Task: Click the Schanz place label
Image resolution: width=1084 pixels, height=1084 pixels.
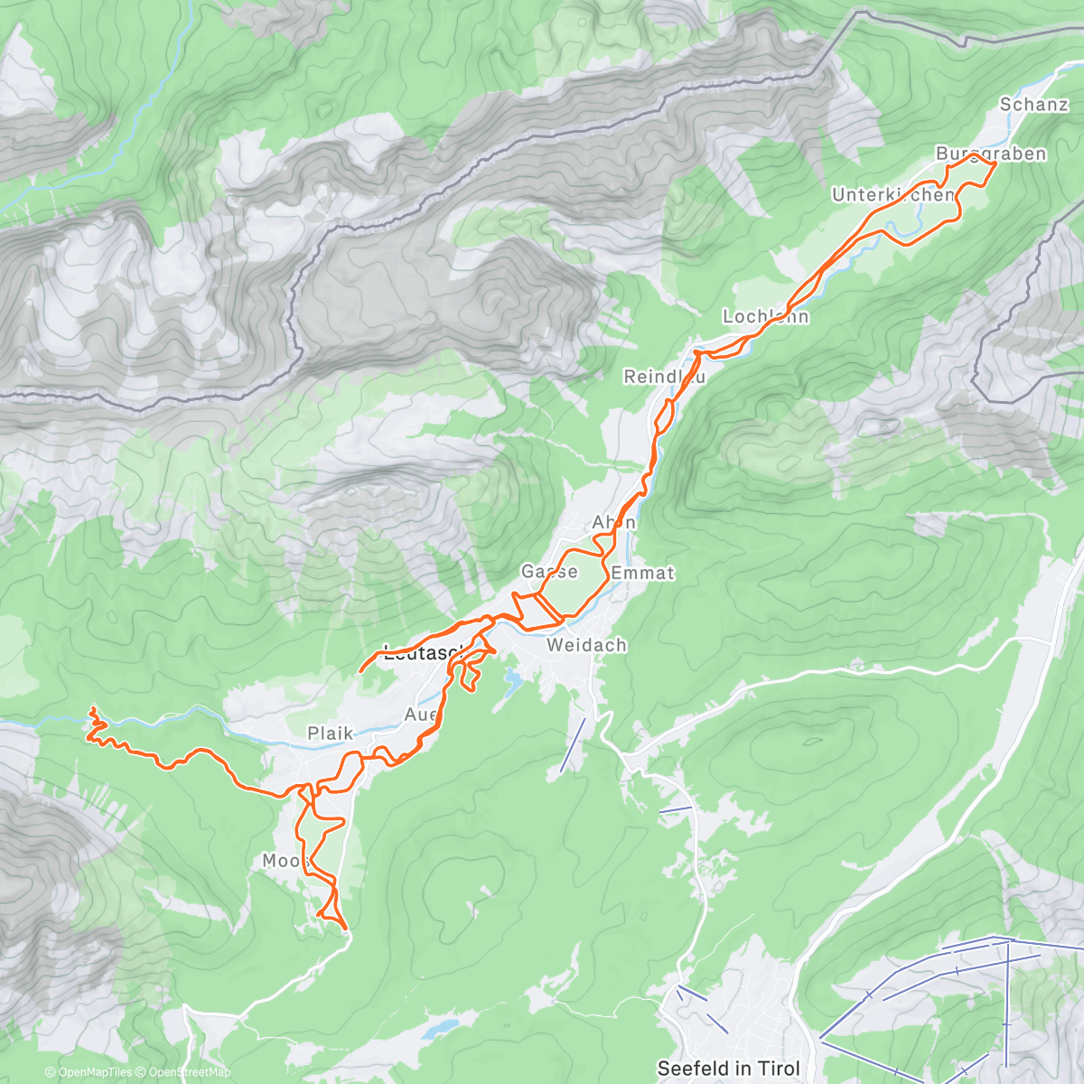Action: pyautogui.click(x=1033, y=104)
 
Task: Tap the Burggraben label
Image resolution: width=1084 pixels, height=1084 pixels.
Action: pyautogui.click(x=990, y=153)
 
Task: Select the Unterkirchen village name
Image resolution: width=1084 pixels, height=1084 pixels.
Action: pyautogui.click(x=892, y=195)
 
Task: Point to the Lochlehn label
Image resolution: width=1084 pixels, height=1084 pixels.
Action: pyautogui.click(x=765, y=316)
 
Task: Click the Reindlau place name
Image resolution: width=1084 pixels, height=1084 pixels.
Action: pyautogui.click(x=664, y=376)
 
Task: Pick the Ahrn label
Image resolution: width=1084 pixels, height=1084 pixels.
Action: pyautogui.click(x=613, y=522)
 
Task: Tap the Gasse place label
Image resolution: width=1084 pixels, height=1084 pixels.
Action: pyautogui.click(x=548, y=572)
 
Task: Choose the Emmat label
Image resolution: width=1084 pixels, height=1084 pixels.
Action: pyautogui.click(x=642, y=573)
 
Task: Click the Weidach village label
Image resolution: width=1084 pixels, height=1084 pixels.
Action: pyautogui.click(x=586, y=645)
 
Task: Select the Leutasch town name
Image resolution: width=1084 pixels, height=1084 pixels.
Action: pyautogui.click(x=423, y=653)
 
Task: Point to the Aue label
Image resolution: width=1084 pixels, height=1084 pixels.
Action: pyautogui.click(x=421, y=715)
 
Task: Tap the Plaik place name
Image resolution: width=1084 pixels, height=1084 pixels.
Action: pyautogui.click(x=330, y=733)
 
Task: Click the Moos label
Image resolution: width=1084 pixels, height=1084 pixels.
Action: pyautogui.click(x=285, y=861)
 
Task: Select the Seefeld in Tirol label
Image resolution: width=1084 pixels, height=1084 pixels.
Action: pyautogui.click(x=728, y=1068)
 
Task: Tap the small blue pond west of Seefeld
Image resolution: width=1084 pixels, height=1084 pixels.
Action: pyautogui.click(x=441, y=1027)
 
